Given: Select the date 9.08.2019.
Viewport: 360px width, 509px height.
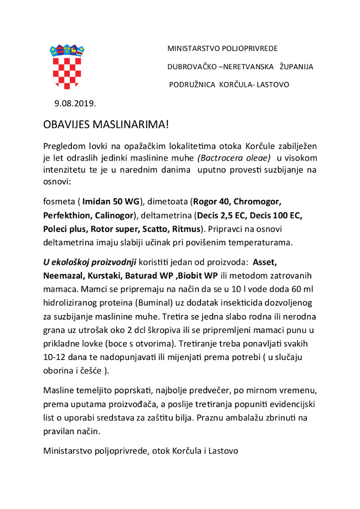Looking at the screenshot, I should click(x=75, y=104).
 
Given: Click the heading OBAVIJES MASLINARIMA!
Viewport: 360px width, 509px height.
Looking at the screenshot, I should click(x=106, y=124).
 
